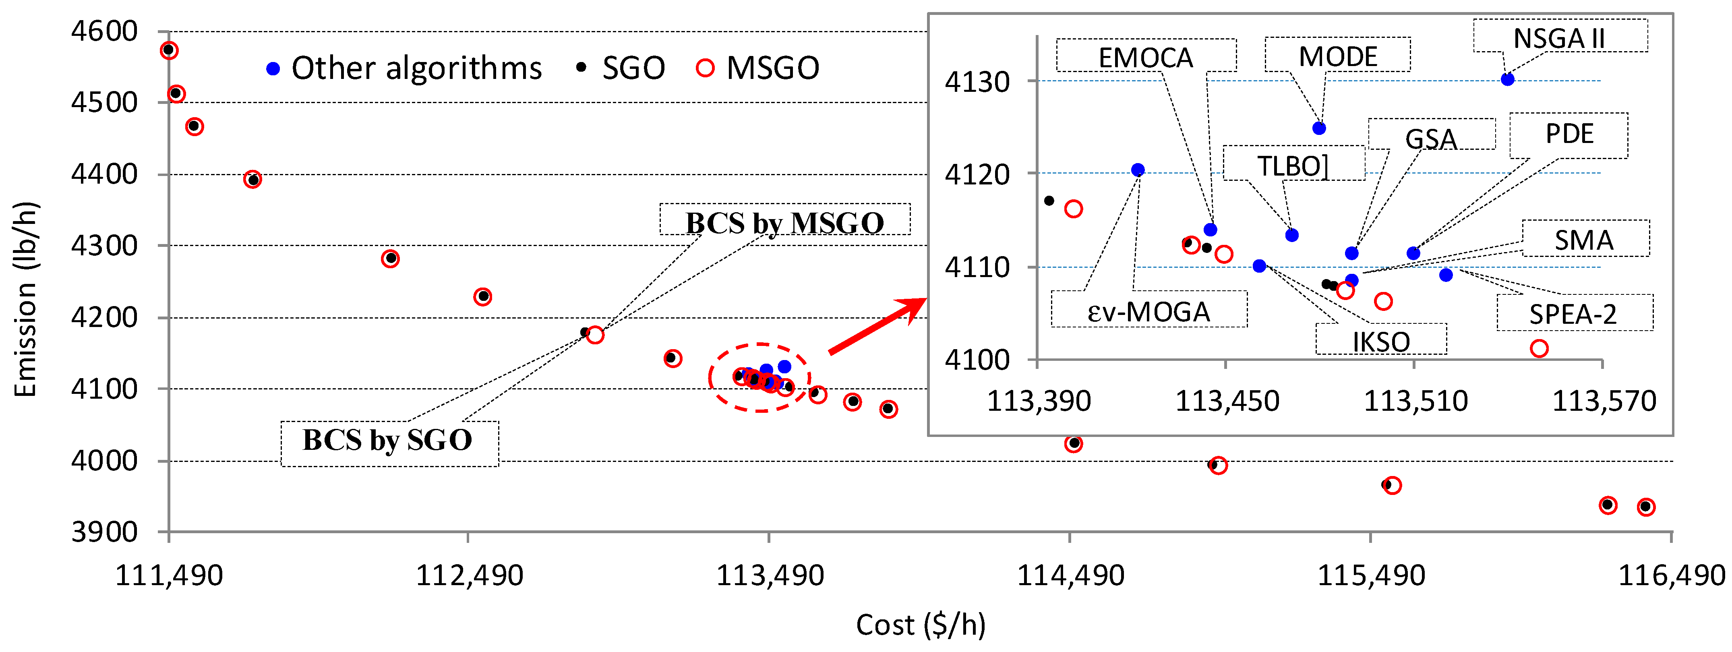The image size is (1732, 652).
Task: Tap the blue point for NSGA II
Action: (1507, 79)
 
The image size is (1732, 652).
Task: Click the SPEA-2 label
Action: (1573, 314)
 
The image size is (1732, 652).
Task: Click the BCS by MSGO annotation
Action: (784, 222)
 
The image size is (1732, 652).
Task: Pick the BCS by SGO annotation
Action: (388, 440)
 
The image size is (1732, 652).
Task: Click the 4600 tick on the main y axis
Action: (104, 31)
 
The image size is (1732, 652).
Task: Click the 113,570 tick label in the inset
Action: (1604, 401)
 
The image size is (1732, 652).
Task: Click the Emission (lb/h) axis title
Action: (25, 299)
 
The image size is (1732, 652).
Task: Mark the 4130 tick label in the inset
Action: (977, 82)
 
